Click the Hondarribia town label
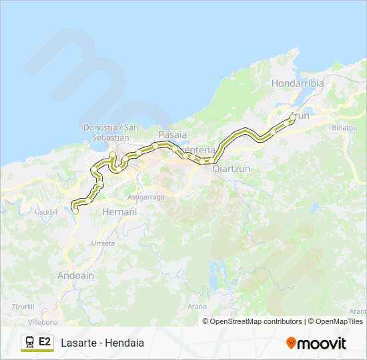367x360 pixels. tap(298, 83)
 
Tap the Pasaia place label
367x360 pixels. tap(172, 134)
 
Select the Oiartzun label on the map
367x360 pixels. tap(231, 169)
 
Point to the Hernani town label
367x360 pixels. tap(119, 211)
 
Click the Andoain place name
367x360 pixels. tap(76, 275)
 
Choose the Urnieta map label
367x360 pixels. tap(103, 243)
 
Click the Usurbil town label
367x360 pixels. tap(46, 211)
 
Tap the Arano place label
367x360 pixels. tap(198, 306)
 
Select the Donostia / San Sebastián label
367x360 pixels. tap(111, 131)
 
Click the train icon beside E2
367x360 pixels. tap(29, 343)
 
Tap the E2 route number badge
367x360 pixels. tap(45, 343)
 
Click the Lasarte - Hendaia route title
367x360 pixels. tap(102, 343)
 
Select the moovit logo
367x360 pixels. tap(316, 343)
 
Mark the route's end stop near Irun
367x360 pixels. tap(293, 117)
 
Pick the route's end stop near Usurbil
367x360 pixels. tap(75, 211)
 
